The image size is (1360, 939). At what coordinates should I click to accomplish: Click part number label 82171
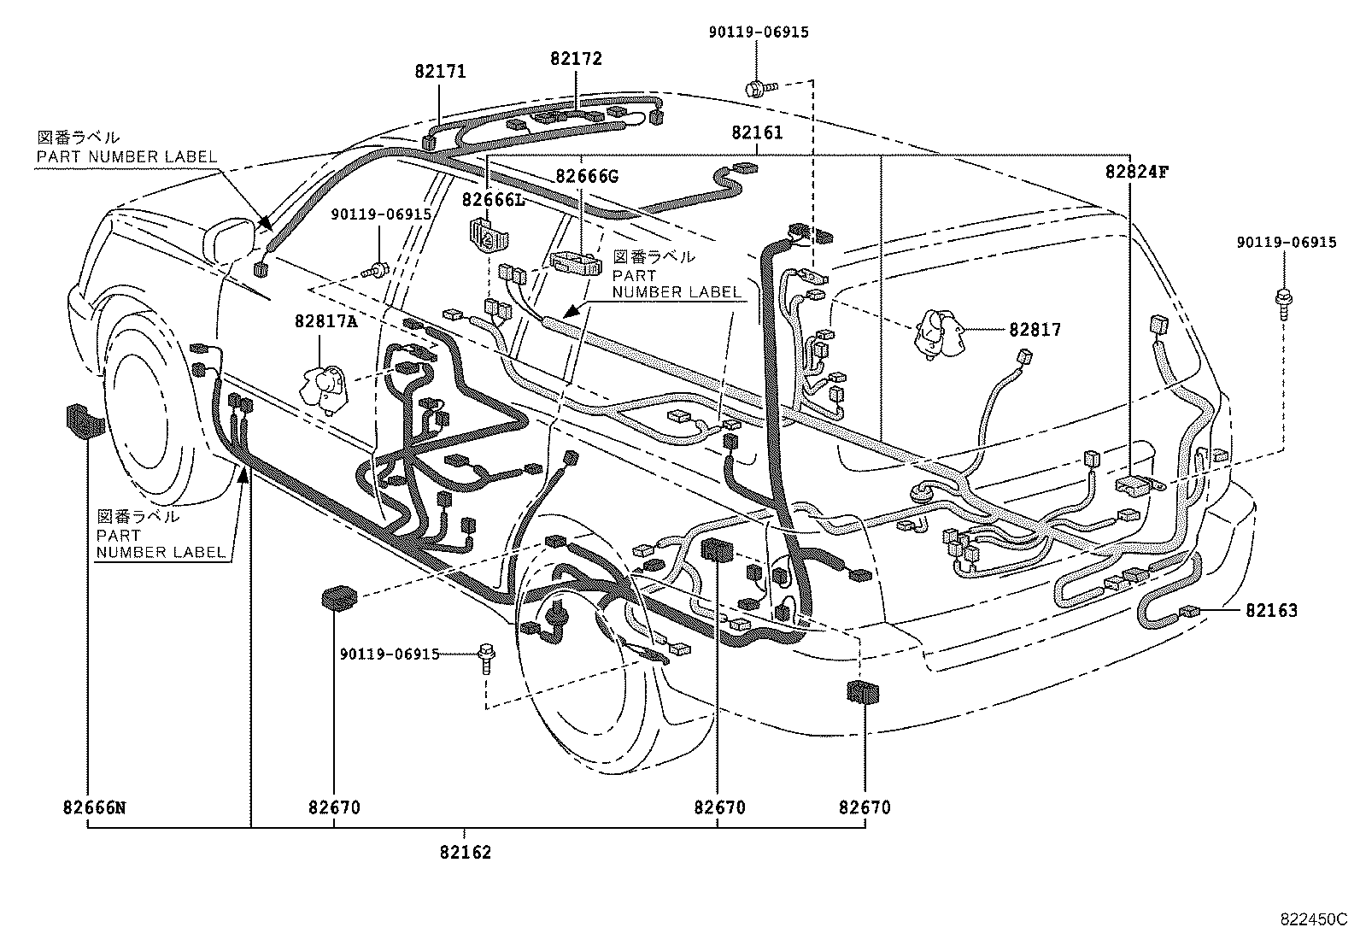[440, 72]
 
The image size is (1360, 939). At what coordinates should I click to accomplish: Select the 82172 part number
[576, 59]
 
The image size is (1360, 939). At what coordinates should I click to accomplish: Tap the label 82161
[757, 133]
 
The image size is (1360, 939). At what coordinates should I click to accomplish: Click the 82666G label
[586, 177]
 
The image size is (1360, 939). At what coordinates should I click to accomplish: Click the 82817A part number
[325, 321]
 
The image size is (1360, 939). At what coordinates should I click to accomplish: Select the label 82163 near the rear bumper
[1270, 611]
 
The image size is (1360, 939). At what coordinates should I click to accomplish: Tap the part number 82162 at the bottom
[466, 852]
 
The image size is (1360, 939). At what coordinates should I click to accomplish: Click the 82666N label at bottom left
[93, 807]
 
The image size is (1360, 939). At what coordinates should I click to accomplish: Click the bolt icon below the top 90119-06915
[759, 86]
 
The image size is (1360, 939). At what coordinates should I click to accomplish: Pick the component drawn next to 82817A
[323, 386]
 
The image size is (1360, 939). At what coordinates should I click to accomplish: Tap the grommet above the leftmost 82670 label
[339, 597]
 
